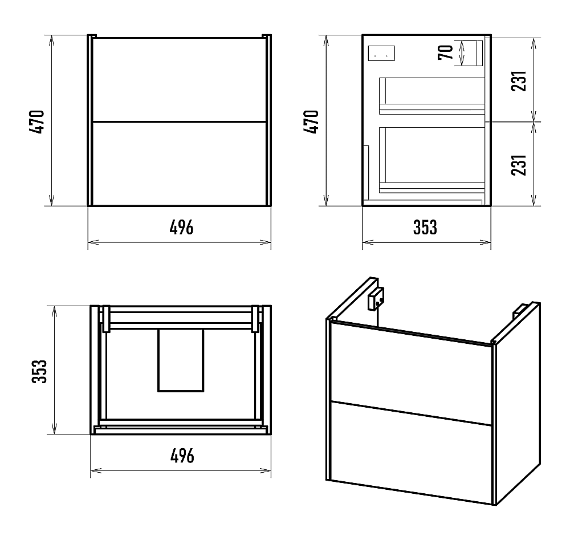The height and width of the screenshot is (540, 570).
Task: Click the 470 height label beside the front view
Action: point(38,122)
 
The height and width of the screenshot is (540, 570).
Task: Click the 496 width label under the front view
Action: point(181,228)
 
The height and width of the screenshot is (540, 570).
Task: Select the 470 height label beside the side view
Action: point(312,122)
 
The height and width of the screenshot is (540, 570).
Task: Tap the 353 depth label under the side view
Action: point(425,228)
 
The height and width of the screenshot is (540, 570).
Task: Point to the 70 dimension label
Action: point(446,52)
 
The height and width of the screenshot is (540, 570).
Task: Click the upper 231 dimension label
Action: point(519,81)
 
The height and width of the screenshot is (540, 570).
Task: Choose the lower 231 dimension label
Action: point(519,165)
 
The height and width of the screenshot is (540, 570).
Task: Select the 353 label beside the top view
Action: point(40,371)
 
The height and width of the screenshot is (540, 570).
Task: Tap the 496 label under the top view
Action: point(182,456)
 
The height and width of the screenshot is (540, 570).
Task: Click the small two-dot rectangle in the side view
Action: point(381,54)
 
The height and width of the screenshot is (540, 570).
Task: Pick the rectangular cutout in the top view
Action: point(181,360)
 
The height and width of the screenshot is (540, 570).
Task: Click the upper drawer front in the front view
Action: point(179,79)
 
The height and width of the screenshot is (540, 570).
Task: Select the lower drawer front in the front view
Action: point(179,164)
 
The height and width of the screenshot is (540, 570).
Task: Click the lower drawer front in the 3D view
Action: point(411,453)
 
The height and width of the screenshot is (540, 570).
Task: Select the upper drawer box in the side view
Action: point(432,96)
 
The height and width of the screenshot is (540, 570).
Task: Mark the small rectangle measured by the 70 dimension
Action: point(474,53)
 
